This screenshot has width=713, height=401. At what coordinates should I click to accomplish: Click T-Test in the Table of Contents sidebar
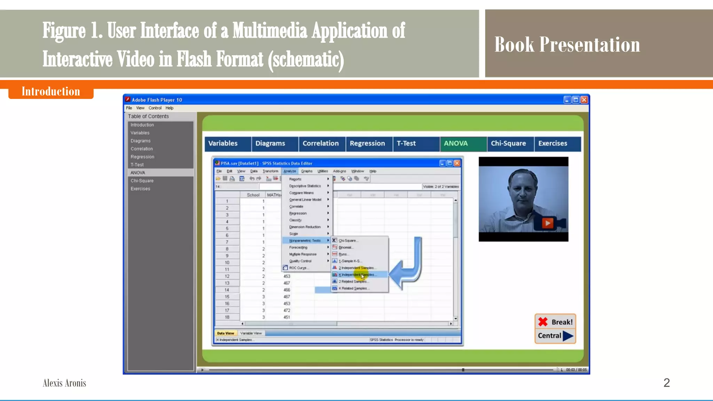pos(137,165)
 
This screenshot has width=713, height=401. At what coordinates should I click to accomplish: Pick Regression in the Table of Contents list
pos(142,157)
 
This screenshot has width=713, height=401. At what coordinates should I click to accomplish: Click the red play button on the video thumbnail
pos(548,223)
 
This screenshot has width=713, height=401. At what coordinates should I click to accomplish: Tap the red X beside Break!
pos(543,322)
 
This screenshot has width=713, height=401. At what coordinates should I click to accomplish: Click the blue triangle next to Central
pos(567,336)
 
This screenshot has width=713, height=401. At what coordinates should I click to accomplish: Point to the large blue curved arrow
pos(407,265)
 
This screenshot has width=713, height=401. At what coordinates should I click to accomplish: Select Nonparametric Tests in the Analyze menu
pos(305,241)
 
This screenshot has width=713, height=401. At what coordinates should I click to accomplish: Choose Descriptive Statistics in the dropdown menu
pos(305,186)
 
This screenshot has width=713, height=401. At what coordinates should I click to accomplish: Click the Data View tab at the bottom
pos(226,333)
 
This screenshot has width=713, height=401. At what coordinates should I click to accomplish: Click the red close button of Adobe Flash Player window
pos(584,100)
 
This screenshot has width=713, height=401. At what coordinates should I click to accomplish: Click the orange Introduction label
pos(51,92)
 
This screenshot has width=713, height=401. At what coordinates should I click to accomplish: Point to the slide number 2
pos(666,383)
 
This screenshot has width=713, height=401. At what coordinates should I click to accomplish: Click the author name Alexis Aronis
pos(64,383)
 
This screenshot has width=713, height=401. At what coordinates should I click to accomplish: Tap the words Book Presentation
pos(567,45)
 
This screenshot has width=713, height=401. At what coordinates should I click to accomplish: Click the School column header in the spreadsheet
pos(253,195)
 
